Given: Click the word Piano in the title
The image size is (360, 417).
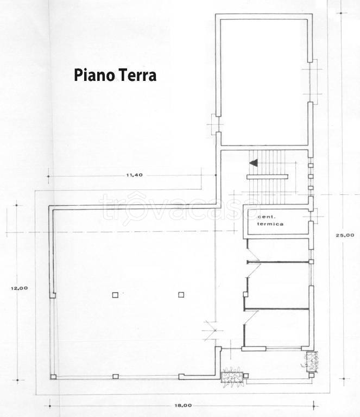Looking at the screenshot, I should [91, 74].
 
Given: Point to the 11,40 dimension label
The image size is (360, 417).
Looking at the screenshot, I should [134, 175].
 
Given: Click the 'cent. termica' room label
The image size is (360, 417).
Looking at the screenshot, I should [270, 220].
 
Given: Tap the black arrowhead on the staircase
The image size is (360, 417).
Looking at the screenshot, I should [252, 162].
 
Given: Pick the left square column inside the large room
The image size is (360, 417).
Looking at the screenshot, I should [115, 295].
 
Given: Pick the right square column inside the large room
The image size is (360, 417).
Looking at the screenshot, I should [181, 295].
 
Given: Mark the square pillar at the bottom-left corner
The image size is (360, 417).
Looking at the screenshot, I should [53, 377].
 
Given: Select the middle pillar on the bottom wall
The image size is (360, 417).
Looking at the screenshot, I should [115, 376].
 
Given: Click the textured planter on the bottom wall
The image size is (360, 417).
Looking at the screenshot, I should [232, 375].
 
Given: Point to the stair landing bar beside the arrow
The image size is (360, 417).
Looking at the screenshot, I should [267, 176].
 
